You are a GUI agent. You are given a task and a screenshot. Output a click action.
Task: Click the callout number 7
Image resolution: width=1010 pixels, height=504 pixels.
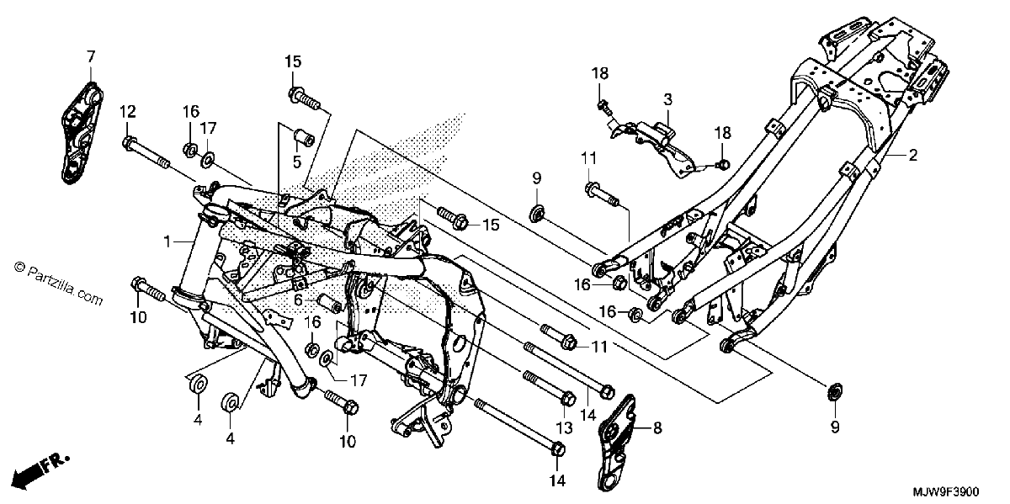tap(91, 57)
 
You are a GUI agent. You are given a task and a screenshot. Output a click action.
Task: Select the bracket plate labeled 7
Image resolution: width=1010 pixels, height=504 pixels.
tap(81, 133)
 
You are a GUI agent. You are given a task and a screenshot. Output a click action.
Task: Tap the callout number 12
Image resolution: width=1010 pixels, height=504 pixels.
tap(128, 111)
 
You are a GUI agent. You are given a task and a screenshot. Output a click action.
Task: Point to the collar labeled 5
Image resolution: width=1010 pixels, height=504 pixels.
tap(305, 137)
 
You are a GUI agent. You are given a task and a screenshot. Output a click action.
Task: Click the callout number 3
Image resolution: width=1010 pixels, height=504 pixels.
tap(667, 99)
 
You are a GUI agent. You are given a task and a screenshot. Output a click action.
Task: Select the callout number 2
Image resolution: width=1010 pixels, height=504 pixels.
tap(912, 155)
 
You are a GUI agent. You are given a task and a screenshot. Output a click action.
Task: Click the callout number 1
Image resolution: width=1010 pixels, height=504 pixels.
tap(167, 242)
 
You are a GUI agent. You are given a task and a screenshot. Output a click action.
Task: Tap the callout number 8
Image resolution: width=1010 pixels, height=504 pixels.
tap(657, 427)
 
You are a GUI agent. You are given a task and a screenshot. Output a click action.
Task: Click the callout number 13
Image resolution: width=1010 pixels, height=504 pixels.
tap(564, 427)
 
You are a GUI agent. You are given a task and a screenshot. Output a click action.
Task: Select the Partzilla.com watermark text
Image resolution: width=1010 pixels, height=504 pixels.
tap(59, 284)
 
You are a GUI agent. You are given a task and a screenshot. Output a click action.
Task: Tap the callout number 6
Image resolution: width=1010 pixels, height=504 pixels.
tap(298, 300)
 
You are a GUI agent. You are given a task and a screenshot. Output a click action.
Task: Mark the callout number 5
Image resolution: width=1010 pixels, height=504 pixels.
tap(296, 162)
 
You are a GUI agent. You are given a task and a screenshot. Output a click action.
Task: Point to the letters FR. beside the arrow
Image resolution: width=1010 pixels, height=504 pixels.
tap(56, 463)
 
